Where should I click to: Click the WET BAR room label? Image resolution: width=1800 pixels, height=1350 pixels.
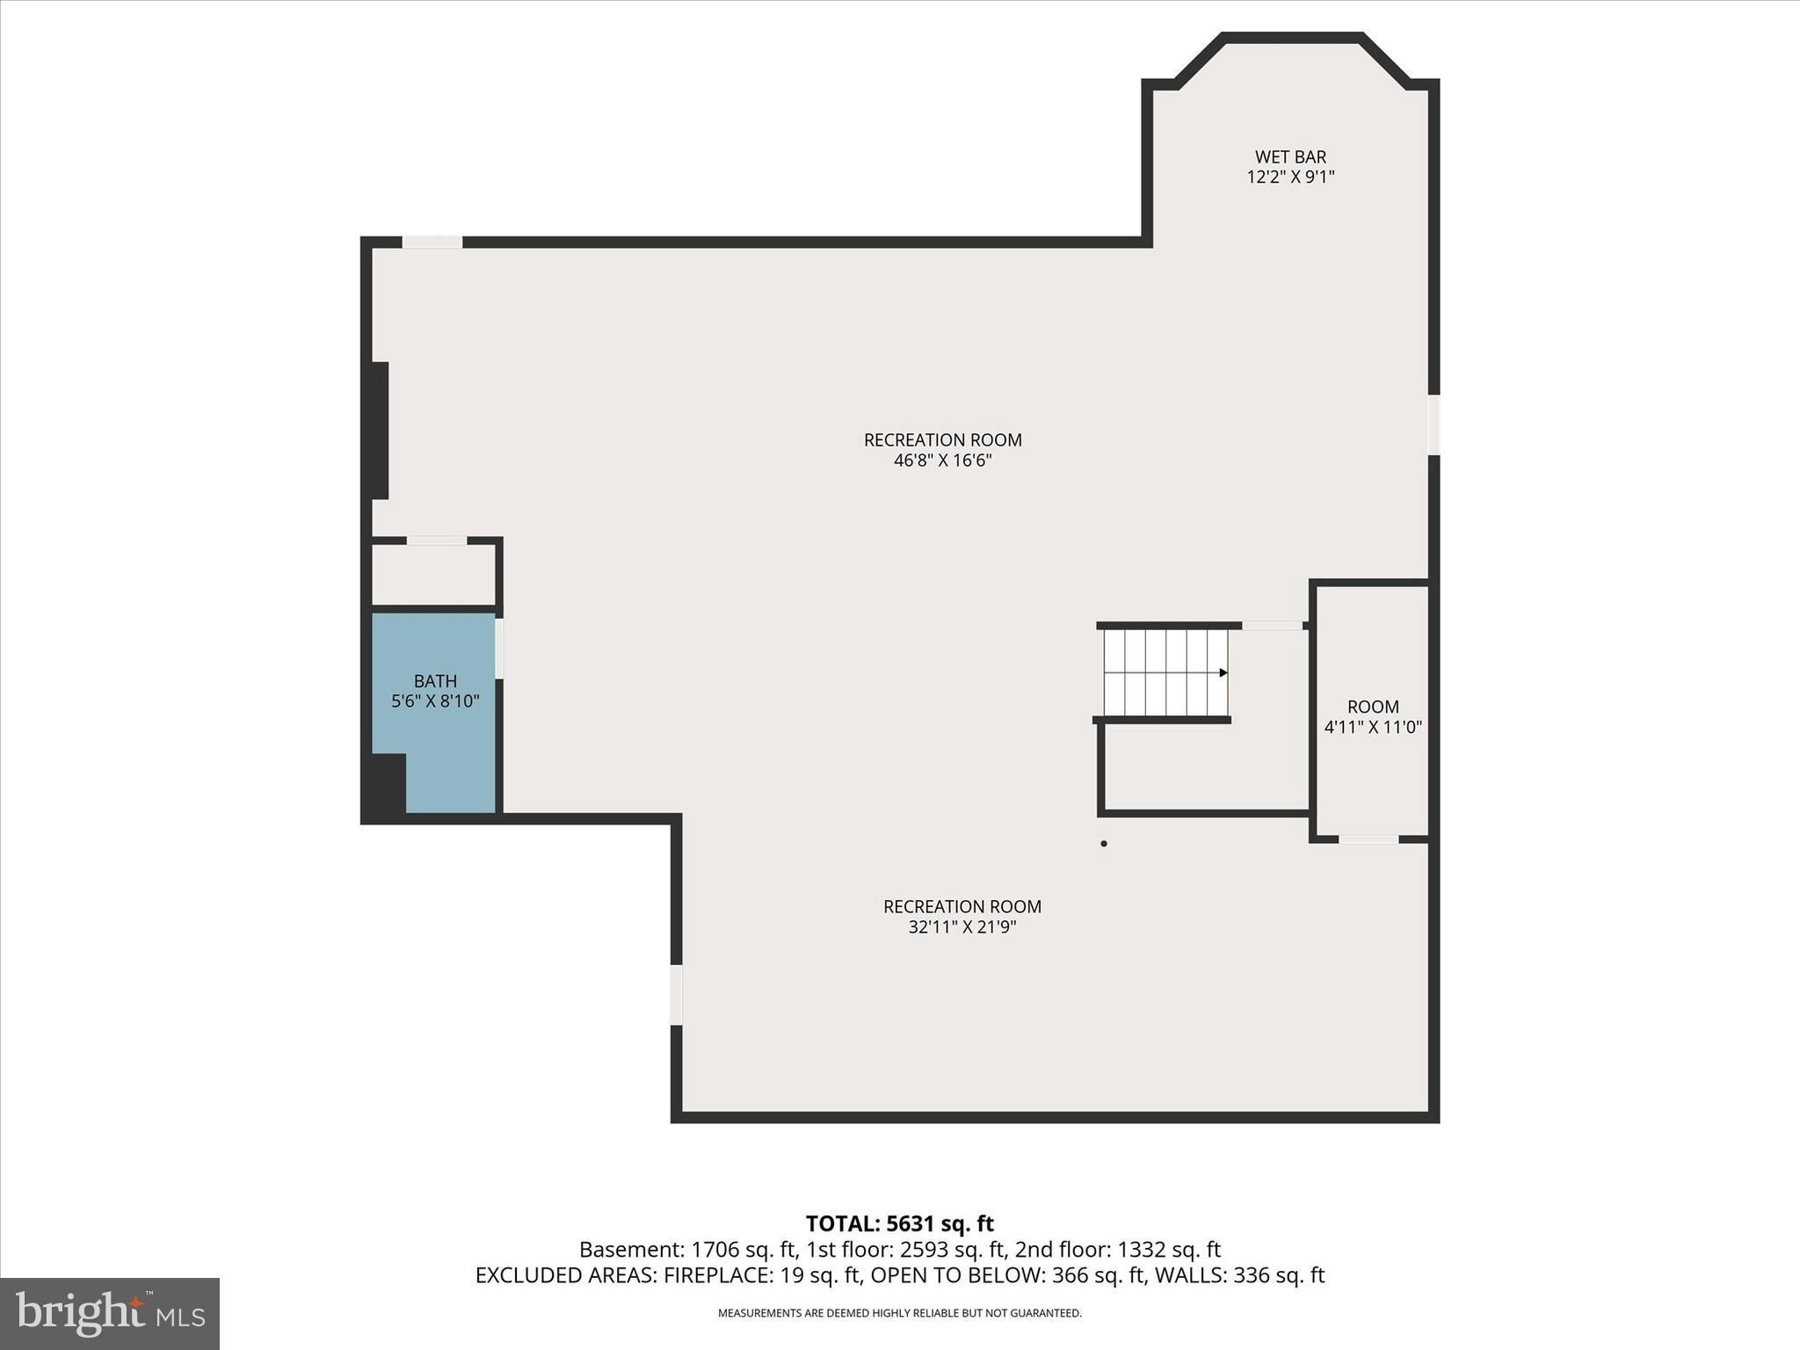coord(1290,157)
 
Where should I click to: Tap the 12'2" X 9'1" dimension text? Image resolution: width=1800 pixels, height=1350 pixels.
coord(1290,178)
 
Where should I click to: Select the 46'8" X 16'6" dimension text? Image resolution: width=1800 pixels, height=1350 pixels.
coord(942,461)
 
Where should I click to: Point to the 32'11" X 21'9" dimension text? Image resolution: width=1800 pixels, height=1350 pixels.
coord(962,927)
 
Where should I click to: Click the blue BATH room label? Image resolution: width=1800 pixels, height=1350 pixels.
coord(435,681)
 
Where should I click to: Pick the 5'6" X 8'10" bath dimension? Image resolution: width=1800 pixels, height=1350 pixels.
coord(435,701)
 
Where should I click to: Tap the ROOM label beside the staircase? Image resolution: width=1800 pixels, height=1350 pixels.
coord(1373,707)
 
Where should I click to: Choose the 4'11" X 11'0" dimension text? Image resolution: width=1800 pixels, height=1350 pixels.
coord(1373,728)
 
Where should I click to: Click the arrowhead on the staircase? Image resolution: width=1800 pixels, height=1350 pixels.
coord(1223,673)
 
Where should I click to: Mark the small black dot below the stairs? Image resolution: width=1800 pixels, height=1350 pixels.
coord(1104,844)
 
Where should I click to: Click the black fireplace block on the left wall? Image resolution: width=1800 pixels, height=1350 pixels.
coord(380,431)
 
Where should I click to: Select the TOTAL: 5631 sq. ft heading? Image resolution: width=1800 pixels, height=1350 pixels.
coord(899,1223)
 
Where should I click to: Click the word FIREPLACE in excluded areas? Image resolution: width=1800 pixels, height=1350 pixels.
coord(716,1275)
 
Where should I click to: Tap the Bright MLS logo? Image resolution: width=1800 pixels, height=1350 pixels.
coord(110,1313)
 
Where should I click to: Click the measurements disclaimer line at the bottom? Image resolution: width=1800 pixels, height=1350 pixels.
coord(899,1313)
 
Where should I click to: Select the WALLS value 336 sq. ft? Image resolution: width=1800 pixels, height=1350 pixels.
coord(1279,1275)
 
